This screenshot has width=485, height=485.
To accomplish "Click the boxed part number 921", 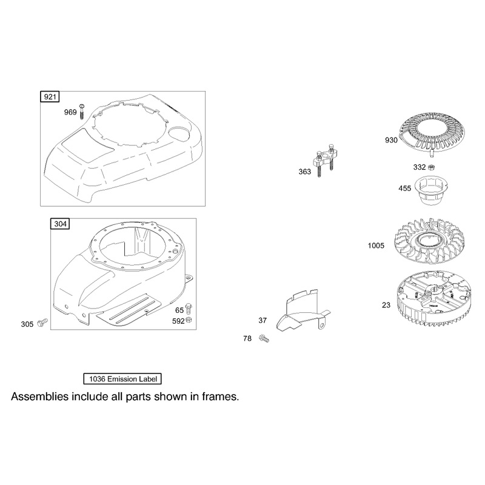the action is pyautogui.click(x=50, y=97).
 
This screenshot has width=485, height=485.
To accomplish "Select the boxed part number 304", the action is pyautogui.click(x=60, y=224).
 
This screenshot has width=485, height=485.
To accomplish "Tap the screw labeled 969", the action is pyautogui.click(x=82, y=112).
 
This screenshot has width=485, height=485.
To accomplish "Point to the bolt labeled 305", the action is pyautogui.click(x=42, y=323).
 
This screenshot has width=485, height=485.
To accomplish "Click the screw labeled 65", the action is pyautogui.click(x=189, y=309).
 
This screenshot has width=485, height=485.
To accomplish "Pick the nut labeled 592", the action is pyautogui.click(x=189, y=320).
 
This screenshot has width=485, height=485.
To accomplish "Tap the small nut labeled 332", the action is pyautogui.click(x=431, y=167).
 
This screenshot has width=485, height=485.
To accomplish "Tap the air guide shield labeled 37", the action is pyautogui.click(x=303, y=311).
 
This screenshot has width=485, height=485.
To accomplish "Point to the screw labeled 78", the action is pyautogui.click(x=264, y=338).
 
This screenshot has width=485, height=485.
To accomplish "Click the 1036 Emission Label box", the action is pyautogui.click(x=122, y=379).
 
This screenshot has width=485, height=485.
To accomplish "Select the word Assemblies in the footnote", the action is pyautogui.click(x=40, y=396).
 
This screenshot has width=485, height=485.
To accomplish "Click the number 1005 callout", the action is pyautogui.click(x=376, y=246).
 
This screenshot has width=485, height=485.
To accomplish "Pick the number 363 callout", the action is pyautogui.click(x=305, y=172).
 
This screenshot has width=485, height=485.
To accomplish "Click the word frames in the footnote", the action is pyautogui.click(x=220, y=396).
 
